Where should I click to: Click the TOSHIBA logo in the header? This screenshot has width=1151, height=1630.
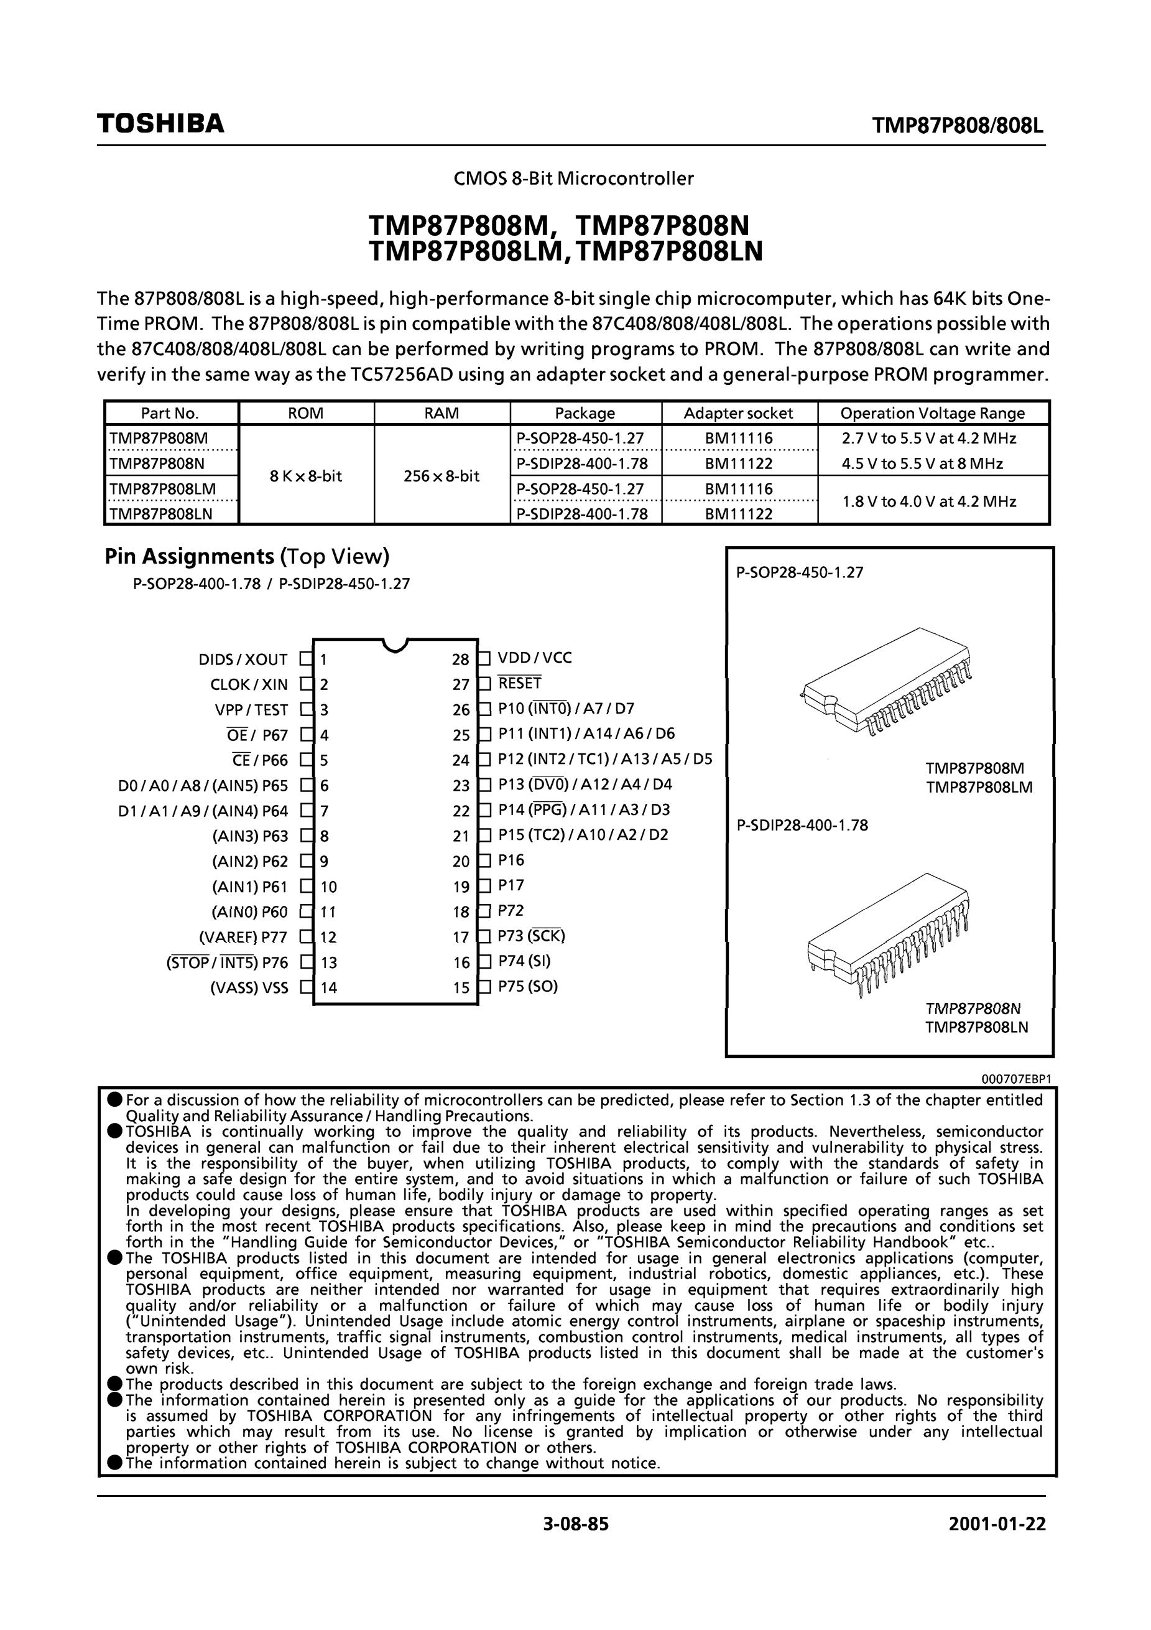160,124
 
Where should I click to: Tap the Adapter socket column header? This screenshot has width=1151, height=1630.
738,413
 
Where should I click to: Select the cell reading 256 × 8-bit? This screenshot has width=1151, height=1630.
441,476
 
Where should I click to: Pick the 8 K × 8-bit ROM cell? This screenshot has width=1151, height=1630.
306,476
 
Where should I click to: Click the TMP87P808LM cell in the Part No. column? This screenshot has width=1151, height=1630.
162,489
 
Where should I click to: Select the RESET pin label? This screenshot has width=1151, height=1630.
519,683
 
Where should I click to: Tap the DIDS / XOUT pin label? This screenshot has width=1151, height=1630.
243,659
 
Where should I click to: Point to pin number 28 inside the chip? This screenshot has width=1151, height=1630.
461,659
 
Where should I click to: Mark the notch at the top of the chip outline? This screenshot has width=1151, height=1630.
395,645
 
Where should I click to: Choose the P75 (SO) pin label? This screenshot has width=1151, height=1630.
528,987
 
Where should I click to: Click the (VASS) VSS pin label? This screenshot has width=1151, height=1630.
249,987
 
